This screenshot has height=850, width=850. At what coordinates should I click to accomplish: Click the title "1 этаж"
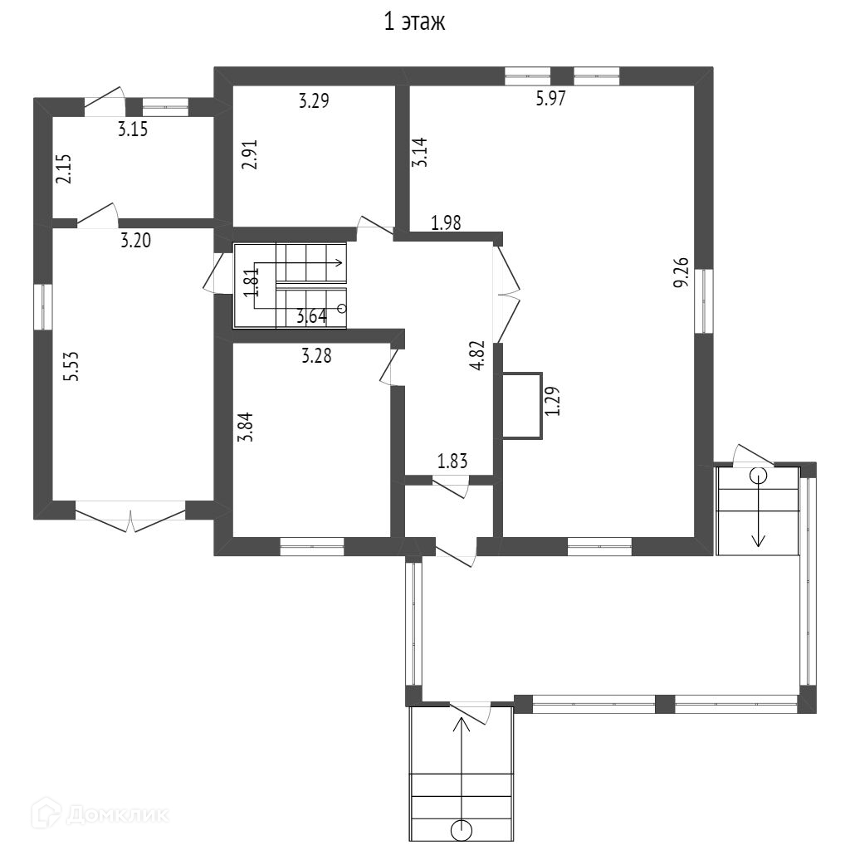415,22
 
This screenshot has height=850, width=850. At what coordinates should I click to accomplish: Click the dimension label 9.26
681,272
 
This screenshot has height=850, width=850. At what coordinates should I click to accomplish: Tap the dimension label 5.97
551,99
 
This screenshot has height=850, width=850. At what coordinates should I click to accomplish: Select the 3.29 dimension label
314,100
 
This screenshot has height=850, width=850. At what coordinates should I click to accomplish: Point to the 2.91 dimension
250,155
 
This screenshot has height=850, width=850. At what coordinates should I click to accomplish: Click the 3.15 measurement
133,129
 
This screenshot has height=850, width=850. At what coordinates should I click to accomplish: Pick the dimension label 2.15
63,169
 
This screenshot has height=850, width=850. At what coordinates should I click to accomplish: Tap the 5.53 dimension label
71,366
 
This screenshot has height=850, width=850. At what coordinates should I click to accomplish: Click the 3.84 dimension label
247,427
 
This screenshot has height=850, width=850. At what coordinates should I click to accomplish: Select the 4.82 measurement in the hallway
477,355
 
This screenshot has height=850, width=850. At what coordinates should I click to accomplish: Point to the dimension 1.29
552,401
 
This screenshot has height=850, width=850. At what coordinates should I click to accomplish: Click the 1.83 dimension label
452,462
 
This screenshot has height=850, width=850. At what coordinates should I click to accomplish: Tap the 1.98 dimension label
446,222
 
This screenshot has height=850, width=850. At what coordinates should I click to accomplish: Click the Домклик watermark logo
100,813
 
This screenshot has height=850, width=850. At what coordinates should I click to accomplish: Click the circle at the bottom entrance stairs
462,830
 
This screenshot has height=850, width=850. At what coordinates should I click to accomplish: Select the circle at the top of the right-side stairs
759,476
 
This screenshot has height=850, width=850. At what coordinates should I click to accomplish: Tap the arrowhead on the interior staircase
339,263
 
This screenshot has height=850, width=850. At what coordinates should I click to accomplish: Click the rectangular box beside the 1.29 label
523,405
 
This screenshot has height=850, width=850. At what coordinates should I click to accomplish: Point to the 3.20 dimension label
135,240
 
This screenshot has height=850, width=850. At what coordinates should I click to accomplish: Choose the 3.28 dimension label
316,356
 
